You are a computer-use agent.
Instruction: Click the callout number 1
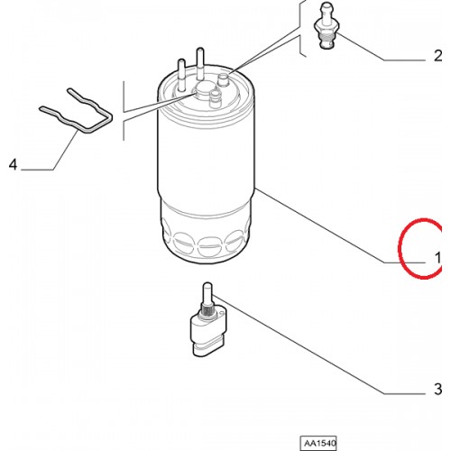coord(437,258)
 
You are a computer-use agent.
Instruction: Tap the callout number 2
coord(438,56)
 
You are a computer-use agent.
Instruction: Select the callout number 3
coord(438,389)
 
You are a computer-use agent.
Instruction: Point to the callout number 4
coord(14,164)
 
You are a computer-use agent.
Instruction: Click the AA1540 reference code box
coord(318,443)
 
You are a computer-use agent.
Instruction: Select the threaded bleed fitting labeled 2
coord(327,26)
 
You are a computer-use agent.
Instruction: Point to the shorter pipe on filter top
coord(181,75)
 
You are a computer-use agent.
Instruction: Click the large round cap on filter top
coord(202,89)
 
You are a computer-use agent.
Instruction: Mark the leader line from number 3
coord(319,345)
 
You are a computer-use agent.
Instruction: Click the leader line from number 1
coord(340,225)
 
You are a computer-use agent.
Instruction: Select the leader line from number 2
coord(382,47)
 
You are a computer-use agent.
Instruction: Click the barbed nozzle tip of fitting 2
coord(327,12)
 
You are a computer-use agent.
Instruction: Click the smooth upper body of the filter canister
coord(207,156)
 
